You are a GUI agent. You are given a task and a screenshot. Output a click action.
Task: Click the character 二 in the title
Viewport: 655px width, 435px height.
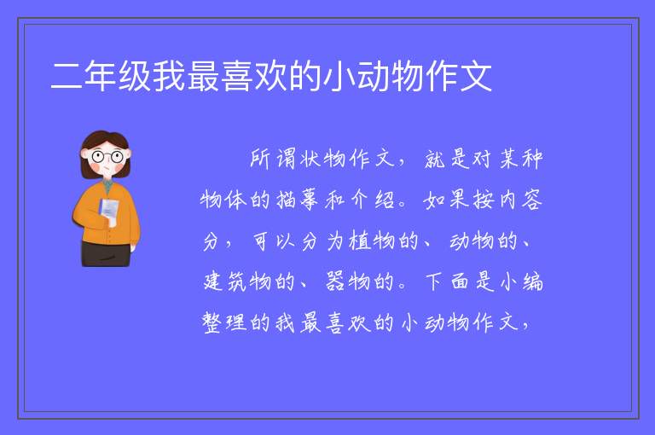coord(66,77)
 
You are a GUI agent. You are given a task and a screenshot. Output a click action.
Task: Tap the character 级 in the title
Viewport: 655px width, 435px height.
coord(135,77)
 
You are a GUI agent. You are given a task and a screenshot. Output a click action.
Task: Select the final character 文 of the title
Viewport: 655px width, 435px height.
coord(476,77)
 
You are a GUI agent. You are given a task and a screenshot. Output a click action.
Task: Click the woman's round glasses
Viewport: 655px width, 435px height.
coord(107,157)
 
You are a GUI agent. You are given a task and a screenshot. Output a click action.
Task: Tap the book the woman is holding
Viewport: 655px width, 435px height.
coord(108,210)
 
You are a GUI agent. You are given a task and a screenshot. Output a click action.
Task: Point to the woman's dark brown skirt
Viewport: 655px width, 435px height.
coord(105,253)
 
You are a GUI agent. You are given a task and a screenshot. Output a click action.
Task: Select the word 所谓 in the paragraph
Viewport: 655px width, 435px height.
coord(273,159)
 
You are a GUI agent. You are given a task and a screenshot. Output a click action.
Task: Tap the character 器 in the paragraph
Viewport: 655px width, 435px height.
coord(335,281)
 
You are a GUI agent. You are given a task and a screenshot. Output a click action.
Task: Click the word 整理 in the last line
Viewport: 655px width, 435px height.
coord(225,322)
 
